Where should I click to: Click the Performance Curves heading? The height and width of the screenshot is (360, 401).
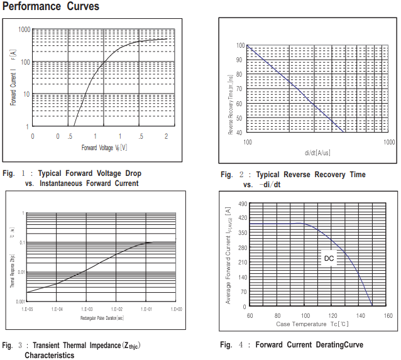pyautogui.click(x=50, y=7)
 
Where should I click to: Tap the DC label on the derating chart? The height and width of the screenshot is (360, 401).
pyautogui.click(x=329, y=258)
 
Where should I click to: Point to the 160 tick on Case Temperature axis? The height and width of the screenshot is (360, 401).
pyautogui.click(x=388, y=315)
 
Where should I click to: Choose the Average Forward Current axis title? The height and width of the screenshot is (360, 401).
pyautogui.click(x=228, y=256)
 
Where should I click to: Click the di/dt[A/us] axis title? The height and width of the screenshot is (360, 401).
pyautogui.click(x=317, y=152)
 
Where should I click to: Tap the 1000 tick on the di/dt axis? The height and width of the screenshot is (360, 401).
pyautogui.click(x=389, y=143)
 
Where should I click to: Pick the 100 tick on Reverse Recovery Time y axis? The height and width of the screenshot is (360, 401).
pyautogui.click(x=239, y=46)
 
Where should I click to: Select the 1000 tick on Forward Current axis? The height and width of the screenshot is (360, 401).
pyautogui.click(x=25, y=30)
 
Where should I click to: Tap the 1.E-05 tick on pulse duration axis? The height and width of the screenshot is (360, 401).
pyautogui.click(x=27, y=309)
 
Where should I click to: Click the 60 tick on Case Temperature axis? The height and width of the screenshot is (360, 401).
pyautogui.click(x=250, y=315)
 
